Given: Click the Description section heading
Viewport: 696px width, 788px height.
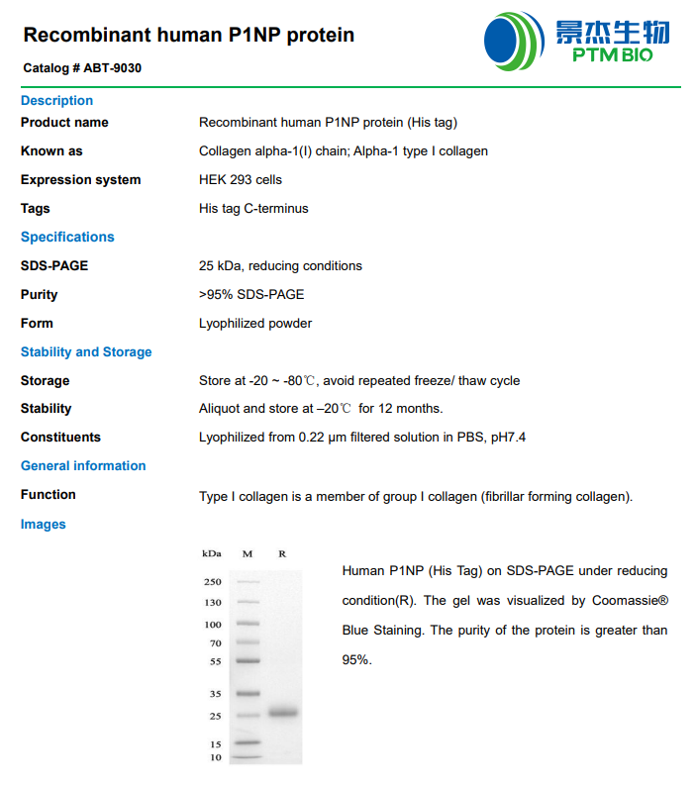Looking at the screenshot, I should click(x=56, y=101).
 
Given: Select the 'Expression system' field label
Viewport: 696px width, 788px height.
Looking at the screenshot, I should click(x=80, y=180).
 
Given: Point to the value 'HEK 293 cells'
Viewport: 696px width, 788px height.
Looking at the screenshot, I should click(x=241, y=180).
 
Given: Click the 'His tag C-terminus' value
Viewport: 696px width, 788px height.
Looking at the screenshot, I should click(x=253, y=209).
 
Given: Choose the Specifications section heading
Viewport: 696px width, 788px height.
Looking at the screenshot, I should click(x=67, y=238).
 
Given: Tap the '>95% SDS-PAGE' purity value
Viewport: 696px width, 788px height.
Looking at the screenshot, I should click(x=251, y=295).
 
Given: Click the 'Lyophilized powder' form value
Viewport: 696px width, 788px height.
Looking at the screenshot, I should click(x=255, y=324).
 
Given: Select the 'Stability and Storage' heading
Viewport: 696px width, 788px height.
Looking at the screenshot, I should click(x=86, y=352).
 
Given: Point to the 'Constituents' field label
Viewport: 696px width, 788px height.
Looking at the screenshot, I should click(x=60, y=438).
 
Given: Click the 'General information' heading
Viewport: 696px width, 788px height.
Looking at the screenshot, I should click(x=83, y=466).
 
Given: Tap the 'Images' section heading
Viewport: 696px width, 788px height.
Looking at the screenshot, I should click(x=44, y=525).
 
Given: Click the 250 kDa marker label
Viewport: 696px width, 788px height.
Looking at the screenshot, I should click(x=212, y=582).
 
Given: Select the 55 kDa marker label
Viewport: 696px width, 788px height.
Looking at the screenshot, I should click(x=215, y=661).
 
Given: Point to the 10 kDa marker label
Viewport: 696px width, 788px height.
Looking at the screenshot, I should click(x=215, y=757).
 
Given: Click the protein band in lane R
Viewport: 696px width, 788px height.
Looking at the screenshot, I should click(x=282, y=713).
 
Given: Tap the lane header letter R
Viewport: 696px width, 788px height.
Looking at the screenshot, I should click(x=282, y=553).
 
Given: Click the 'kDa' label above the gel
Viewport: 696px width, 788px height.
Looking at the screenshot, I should click(x=211, y=553).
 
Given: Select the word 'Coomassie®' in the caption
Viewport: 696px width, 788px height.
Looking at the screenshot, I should click(x=631, y=601).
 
